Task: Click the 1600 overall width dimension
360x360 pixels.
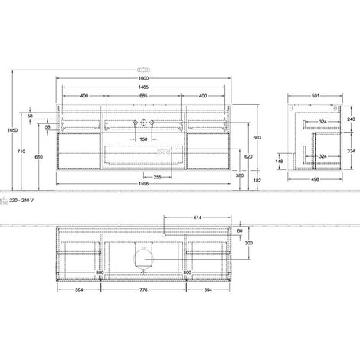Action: (143, 78)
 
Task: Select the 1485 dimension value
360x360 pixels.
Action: (143, 87)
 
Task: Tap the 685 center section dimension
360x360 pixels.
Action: (143, 96)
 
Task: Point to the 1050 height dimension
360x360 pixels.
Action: (12, 130)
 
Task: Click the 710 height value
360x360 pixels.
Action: (21, 152)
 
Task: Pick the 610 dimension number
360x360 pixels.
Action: (39, 157)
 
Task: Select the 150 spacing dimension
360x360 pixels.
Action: (143, 139)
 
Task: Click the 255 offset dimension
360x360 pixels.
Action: (158, 177)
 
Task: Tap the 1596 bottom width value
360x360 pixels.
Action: (143, 184)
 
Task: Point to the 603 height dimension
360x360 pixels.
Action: (257, 137)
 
